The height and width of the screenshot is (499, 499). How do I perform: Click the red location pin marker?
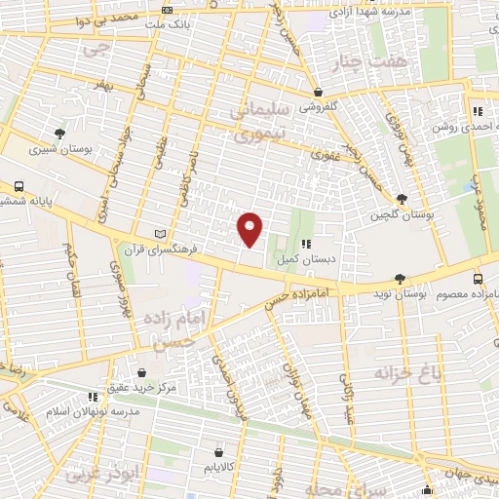(x=251, y=229)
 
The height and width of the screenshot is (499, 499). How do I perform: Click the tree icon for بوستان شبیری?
(x=61, y=134)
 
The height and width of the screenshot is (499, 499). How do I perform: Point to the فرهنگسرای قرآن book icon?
(x=162, y=234)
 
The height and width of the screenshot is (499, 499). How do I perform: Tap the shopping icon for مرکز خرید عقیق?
(x=142, y=372)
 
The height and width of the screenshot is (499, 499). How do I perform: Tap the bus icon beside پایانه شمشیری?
(x=19, y=185)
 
